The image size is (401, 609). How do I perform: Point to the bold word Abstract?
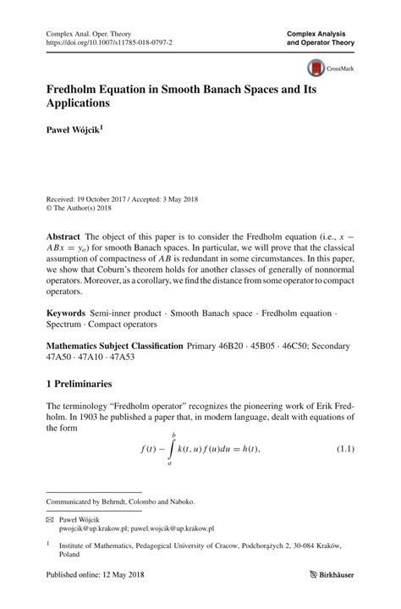(x=64, y=235)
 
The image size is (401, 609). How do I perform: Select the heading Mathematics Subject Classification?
(x=114, y=346)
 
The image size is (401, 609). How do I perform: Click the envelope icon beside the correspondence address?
(x=50, y=518)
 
